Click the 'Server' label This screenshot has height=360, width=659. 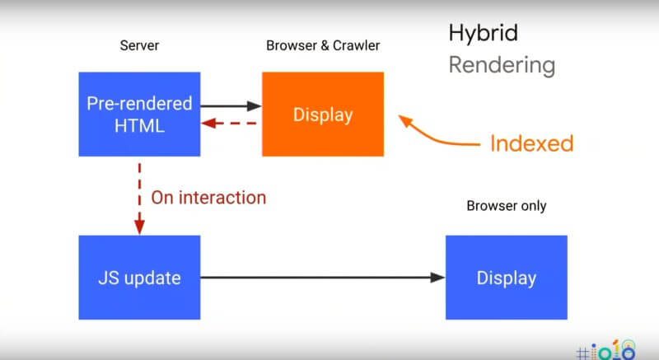tap(139, 45)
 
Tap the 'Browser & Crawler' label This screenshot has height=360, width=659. tap(323, 45)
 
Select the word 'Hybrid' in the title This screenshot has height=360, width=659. tap(484, 33)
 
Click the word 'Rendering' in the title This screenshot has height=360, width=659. tap(502, 66)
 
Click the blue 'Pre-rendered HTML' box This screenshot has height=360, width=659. tap(139, 115)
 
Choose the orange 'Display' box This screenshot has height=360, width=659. tap(323, 115)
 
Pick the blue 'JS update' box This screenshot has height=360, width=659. tap(139, 278)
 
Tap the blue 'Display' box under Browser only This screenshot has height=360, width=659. tap(507, 278)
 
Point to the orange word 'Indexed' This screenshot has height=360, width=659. tap(531, 143)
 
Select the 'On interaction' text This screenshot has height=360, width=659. tap(208, 198)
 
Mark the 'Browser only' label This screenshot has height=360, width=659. tap(507, 206)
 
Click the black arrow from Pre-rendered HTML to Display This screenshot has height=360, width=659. tap(231, 105)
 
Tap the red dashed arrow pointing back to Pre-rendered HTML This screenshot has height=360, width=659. tap(229, 124)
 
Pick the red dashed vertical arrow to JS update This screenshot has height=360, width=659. tap(139, 199)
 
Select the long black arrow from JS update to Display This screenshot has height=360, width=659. tap(322, 278)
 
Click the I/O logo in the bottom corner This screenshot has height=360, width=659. tap(605, 350)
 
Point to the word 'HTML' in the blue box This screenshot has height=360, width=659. tap(139, 126)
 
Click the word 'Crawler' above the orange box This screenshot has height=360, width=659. tap(357, 45)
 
